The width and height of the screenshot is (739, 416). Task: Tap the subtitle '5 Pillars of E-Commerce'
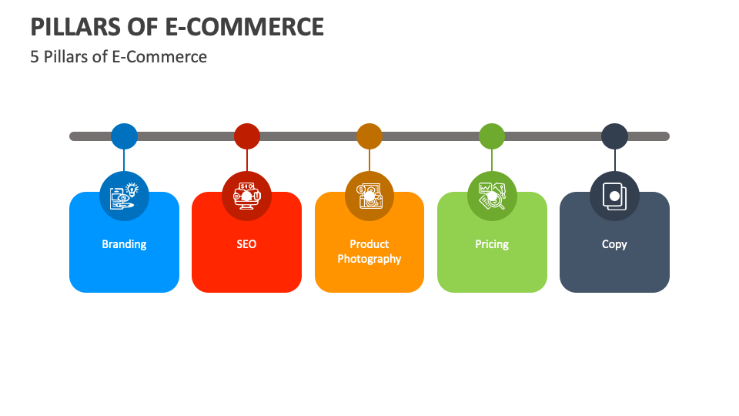119,57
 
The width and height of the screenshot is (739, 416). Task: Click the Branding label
124,244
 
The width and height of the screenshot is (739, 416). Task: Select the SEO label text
246,244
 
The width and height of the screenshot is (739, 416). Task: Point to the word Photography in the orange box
369,259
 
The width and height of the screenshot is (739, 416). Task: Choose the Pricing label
492,244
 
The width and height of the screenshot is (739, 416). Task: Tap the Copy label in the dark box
614,244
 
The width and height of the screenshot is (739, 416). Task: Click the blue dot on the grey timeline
124,136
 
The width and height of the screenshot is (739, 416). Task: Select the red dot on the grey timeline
247,136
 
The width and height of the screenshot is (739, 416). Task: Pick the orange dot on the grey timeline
369,136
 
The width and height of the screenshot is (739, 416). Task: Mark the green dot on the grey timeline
492,136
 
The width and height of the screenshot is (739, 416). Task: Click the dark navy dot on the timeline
614,136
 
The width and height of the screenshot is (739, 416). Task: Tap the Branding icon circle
124,196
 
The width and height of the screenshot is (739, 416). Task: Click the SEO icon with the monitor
247,196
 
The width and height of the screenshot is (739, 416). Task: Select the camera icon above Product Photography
369,196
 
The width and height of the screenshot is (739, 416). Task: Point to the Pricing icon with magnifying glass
492,196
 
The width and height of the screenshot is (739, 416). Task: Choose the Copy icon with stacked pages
614,196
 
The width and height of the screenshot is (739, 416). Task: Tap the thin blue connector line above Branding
124,160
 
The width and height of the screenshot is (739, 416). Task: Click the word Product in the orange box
369,244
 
